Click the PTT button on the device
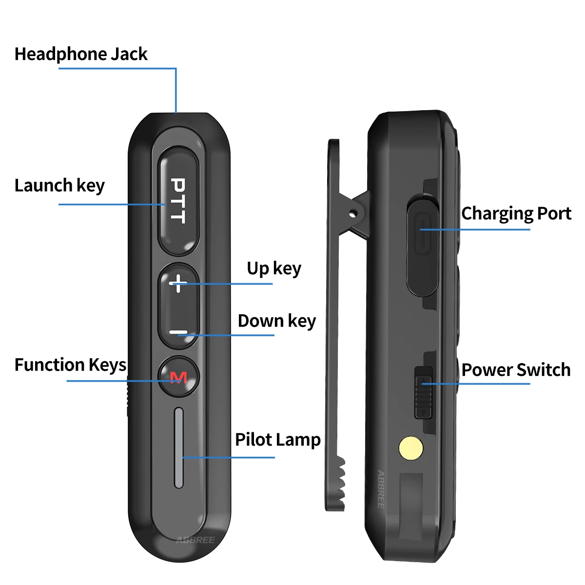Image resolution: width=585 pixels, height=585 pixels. pyautogui.click(x=178, y=201)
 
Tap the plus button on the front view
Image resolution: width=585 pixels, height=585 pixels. pyautogui.click(x=178, y=283)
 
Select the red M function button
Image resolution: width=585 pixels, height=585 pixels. pyautogui.click(x=178, y=377)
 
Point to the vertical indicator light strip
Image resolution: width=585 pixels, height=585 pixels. pyautogui.click(x=179, y=448)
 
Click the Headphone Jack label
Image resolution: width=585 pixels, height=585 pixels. pyautogui.click(x=80, y=54)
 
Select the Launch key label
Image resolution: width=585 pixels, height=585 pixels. pyautogui.click(x=59, y=186)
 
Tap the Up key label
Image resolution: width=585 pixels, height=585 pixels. pyautogui.click(x=273, y=269)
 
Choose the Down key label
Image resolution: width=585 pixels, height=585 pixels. pyautogui.click(x=276, y=321)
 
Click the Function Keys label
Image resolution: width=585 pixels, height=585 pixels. pyautogui.click(x=70, y=365)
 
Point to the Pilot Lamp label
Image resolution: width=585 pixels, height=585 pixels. pyautogui.click(x=277, y=440)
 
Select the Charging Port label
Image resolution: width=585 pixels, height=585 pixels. pyautogui.click(x=516, y=214)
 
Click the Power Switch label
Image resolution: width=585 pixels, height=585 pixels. pyautogui.click(x=516, y=370)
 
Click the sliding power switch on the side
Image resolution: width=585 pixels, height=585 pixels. pyautogui.click(x=423, y=392)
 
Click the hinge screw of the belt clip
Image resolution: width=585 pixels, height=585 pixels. pyautogui.click(x=353, y=213)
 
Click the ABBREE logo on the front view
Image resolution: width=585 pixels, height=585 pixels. pyautogui.click(x=195, y=540)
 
